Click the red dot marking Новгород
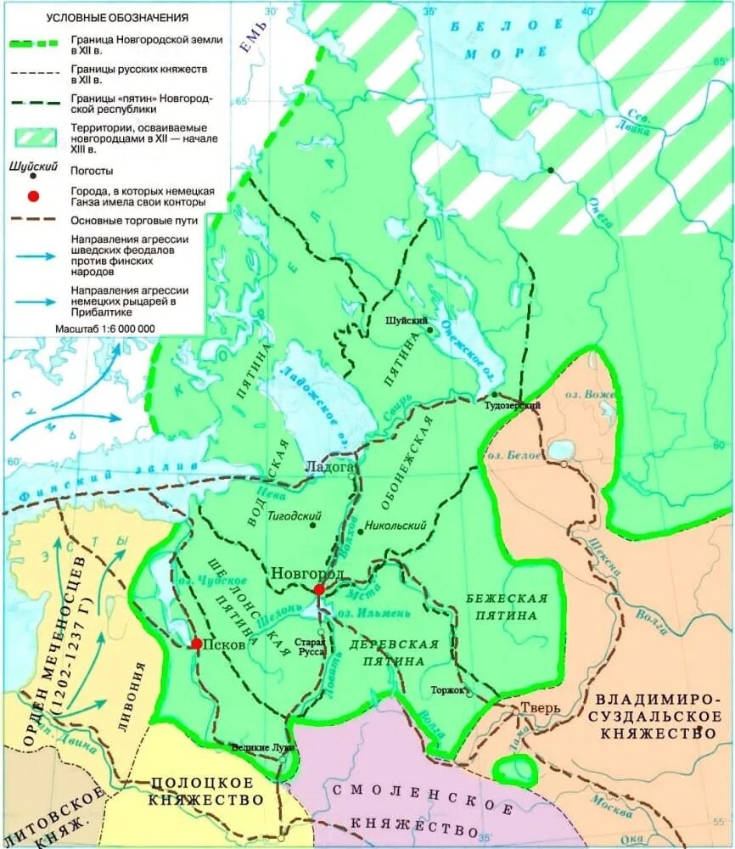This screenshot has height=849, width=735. coord(318,590)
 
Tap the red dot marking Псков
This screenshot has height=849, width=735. coord(196,644)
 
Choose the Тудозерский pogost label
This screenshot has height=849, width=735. coord(512,407)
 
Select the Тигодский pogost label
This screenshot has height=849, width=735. coord(294,515)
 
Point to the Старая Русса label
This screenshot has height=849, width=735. coord(310,648)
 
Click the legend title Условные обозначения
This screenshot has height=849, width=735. coord(117,17)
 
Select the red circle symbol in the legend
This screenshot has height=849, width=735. coord(33,197)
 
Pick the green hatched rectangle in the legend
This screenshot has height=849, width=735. coord(33,134)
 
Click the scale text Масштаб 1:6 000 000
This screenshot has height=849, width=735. coord(104,328)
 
